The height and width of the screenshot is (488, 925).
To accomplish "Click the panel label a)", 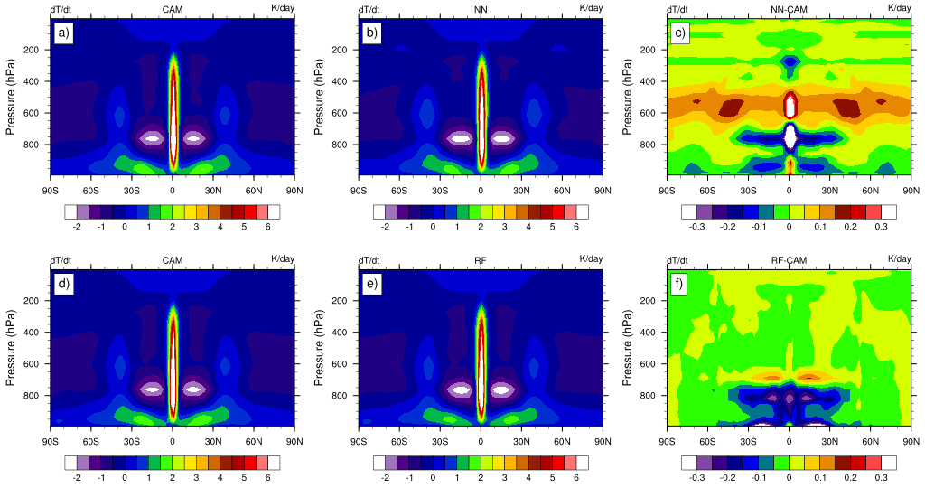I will [x=63, y=34].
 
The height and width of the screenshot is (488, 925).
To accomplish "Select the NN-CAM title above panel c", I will [x=789, y=8].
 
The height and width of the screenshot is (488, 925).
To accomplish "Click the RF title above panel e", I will [x=481, y=259].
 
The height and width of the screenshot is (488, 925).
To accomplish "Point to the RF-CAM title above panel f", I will [x=789, y=259].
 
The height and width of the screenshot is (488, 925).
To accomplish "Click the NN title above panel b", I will [x=481, y=8].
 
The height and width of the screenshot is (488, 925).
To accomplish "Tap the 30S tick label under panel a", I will [x=132, y=191].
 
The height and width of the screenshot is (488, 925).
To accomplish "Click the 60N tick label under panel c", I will [x=871, y=191].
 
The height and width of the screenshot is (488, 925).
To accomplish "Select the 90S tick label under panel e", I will [x=359, y=442].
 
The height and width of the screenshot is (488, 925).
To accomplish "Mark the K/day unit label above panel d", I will [x=282, y=259].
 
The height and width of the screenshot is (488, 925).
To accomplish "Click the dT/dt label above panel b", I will [x=369, y=8].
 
